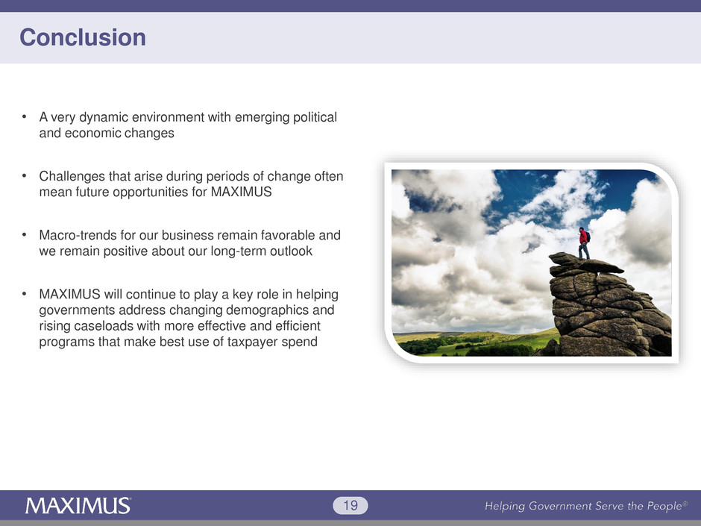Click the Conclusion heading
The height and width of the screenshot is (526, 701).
click(x=83, y=37)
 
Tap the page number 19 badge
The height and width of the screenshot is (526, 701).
click(x=350, y=505)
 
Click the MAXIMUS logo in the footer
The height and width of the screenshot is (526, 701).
click(x=78, y=505)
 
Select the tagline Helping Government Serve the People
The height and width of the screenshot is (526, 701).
click(x=586, y=506)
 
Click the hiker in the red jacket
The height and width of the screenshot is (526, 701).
click(x=584, y=243)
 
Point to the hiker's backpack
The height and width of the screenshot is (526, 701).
click(x=588, y=237)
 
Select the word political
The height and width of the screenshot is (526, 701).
click(x=315, y=117)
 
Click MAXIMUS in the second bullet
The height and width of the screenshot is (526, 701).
click(x=242, y=192)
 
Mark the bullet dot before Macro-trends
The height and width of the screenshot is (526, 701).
click(x=24, y=235)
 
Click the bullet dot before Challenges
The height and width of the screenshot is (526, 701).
click(x=24, y=176)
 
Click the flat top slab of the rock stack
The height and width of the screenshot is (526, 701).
click(x=585, y=263)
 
